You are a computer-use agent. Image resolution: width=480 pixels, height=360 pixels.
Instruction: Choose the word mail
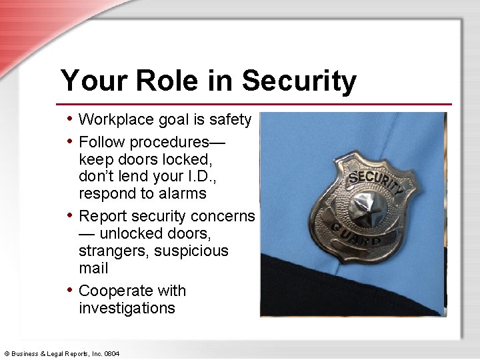pyautogui.click(x=93, y=268)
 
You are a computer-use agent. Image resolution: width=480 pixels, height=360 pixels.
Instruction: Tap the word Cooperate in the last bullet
pyautogui.click(x=115, y=291)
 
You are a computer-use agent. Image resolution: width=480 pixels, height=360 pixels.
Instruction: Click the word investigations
pyautogui.click(x=127, y=308)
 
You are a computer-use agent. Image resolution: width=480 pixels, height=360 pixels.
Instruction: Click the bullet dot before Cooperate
pyautogui.click(x=71, y=289)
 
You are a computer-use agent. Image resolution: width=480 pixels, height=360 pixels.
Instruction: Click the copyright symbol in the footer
pyautogui.click(x=7, y=353)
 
